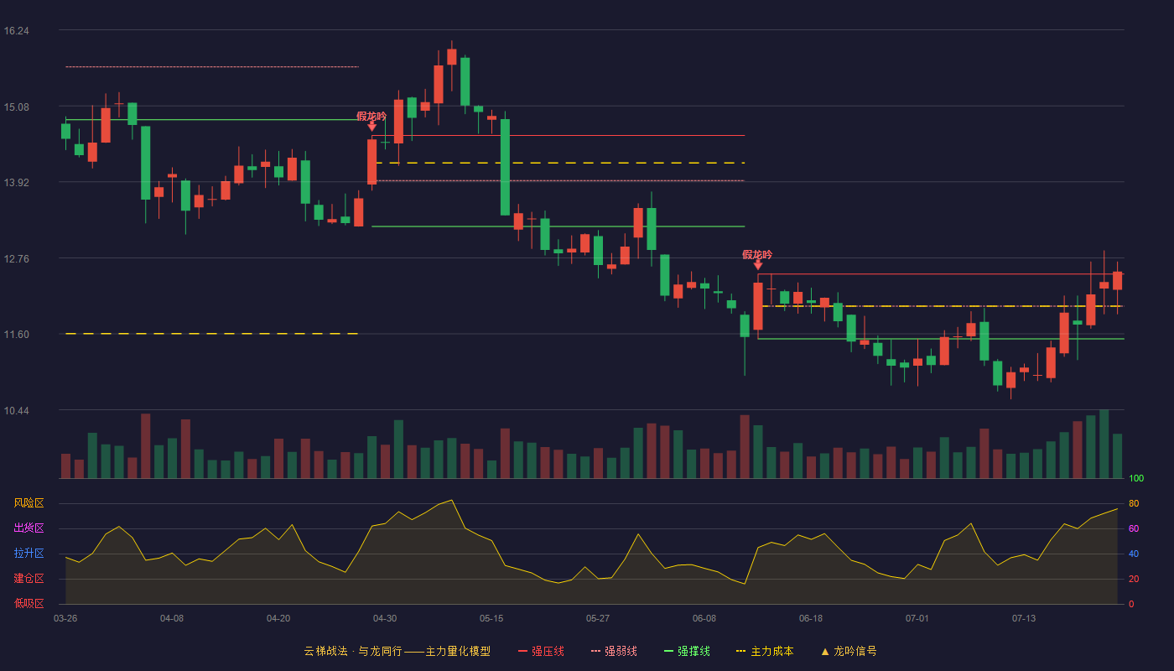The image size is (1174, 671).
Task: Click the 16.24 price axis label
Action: (16, 31)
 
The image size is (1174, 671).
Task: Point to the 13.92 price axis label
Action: (16, 183)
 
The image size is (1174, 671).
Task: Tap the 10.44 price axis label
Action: (16, 410)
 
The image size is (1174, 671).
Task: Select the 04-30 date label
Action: (385, 619)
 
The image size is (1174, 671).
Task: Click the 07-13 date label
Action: (1024, 619)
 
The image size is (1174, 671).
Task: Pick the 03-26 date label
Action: (65, 619)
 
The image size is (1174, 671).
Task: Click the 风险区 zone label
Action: (29, 503)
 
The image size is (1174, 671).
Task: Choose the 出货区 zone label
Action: (29, 528)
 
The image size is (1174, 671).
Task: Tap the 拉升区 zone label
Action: (29, 553)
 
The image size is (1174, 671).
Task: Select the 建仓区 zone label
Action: (29, 578)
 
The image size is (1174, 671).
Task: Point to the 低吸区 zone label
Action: (29, 603)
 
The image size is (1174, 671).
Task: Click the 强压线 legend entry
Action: (541, 651)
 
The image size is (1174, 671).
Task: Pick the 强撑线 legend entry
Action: (687, 651)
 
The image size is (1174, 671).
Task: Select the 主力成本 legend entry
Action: (765, 651)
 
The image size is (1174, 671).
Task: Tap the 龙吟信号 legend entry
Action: (849, 651)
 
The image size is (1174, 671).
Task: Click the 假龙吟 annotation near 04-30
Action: (371, 117)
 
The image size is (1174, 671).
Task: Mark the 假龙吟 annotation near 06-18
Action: (757, 255)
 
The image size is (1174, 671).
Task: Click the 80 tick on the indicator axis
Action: (1134, 503)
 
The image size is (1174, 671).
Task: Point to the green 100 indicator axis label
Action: (1136, 478)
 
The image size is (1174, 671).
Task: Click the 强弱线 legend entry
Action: (614, 651)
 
